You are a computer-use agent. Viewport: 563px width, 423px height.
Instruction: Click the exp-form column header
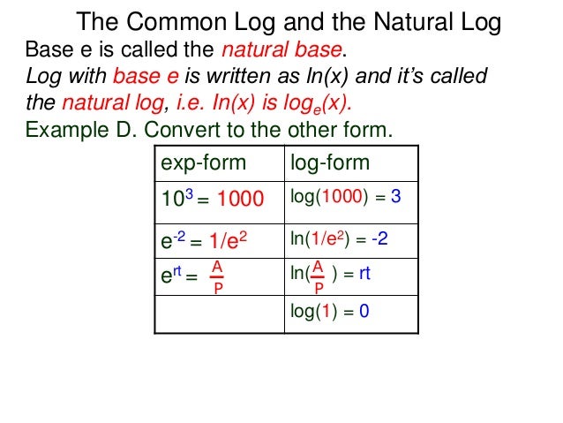(202, 163)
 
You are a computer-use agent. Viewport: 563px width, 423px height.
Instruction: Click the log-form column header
(329, 163)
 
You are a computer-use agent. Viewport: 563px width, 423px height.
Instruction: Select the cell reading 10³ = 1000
(211, 200)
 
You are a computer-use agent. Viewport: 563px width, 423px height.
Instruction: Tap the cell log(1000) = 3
(345, 198)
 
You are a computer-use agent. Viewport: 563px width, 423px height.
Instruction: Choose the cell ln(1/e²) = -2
(339, 238)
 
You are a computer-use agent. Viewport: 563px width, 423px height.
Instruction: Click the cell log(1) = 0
(329, 311)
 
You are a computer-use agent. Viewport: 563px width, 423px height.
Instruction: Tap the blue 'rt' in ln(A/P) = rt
(364, 274)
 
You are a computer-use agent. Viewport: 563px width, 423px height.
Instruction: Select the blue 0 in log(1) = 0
(364, 311)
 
